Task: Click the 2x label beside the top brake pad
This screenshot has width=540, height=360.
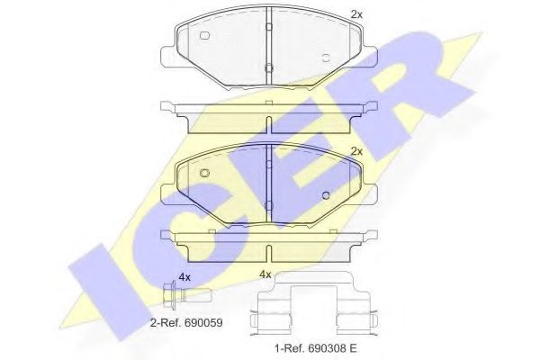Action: [x=355, y=13]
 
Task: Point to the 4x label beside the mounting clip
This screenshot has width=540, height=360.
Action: [x=265, y=274]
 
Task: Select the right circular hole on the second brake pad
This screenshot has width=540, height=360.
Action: [x=326, y=193]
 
